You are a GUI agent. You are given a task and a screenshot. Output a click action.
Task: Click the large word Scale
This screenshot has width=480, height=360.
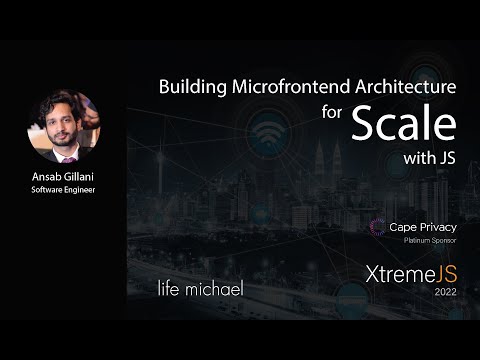point(403,123)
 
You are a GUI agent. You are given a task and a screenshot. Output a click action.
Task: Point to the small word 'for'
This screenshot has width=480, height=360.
point(332,111)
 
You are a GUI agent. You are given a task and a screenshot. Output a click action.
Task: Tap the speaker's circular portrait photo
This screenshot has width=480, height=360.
point(63,127)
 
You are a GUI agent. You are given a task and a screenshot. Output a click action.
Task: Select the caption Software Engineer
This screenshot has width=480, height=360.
point(63,192)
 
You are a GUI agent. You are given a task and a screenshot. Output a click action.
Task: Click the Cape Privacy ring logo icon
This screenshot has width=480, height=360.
point(377,228)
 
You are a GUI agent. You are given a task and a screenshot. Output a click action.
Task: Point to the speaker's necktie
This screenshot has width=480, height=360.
point(67,157)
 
